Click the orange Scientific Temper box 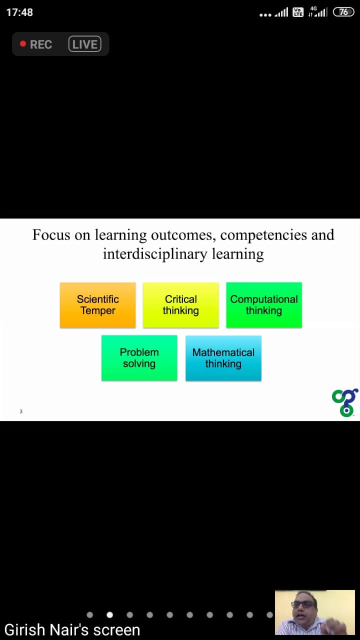[x=97, y=305]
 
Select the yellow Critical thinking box [x=181, y=305]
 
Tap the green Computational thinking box [x=264, y=305]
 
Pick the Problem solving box [x=139, y=358]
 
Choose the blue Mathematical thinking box [x=223, y=358]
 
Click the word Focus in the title [x=51, y=235]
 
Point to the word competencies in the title [x=263, y=235]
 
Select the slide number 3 [x=21, y=411]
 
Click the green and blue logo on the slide [x=345, y=402]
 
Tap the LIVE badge [x=85, y=44]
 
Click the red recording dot [x=23, y=43]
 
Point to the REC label [x=41, y=44]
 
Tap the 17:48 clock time [x=19, y=12]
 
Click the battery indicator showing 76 [x=343, y=12]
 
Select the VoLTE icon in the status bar [x=298, y=12]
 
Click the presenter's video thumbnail [x=315, y=612]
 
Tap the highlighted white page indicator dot [x=109, y=615]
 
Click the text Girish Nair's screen [x=72, y=629]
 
